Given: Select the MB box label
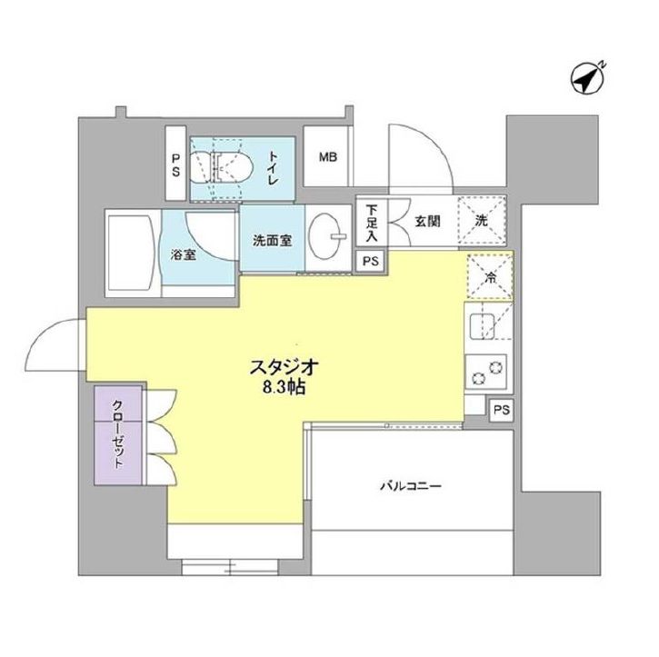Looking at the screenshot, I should coord(327,157).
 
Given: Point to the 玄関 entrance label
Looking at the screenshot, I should coord(429,220).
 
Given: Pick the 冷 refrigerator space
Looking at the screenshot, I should coord(490,274).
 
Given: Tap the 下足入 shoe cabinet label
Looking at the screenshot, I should coord(372,222).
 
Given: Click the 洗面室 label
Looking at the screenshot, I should coord(272,242).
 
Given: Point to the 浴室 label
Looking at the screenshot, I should coord(184,255).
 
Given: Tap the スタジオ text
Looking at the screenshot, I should coord(284,367).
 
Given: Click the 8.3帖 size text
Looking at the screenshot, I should coord(284,386).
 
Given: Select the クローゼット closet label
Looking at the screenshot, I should coord(119,433).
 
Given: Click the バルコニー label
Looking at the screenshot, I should coord(410,486).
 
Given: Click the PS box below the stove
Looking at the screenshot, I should coord(499,410).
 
